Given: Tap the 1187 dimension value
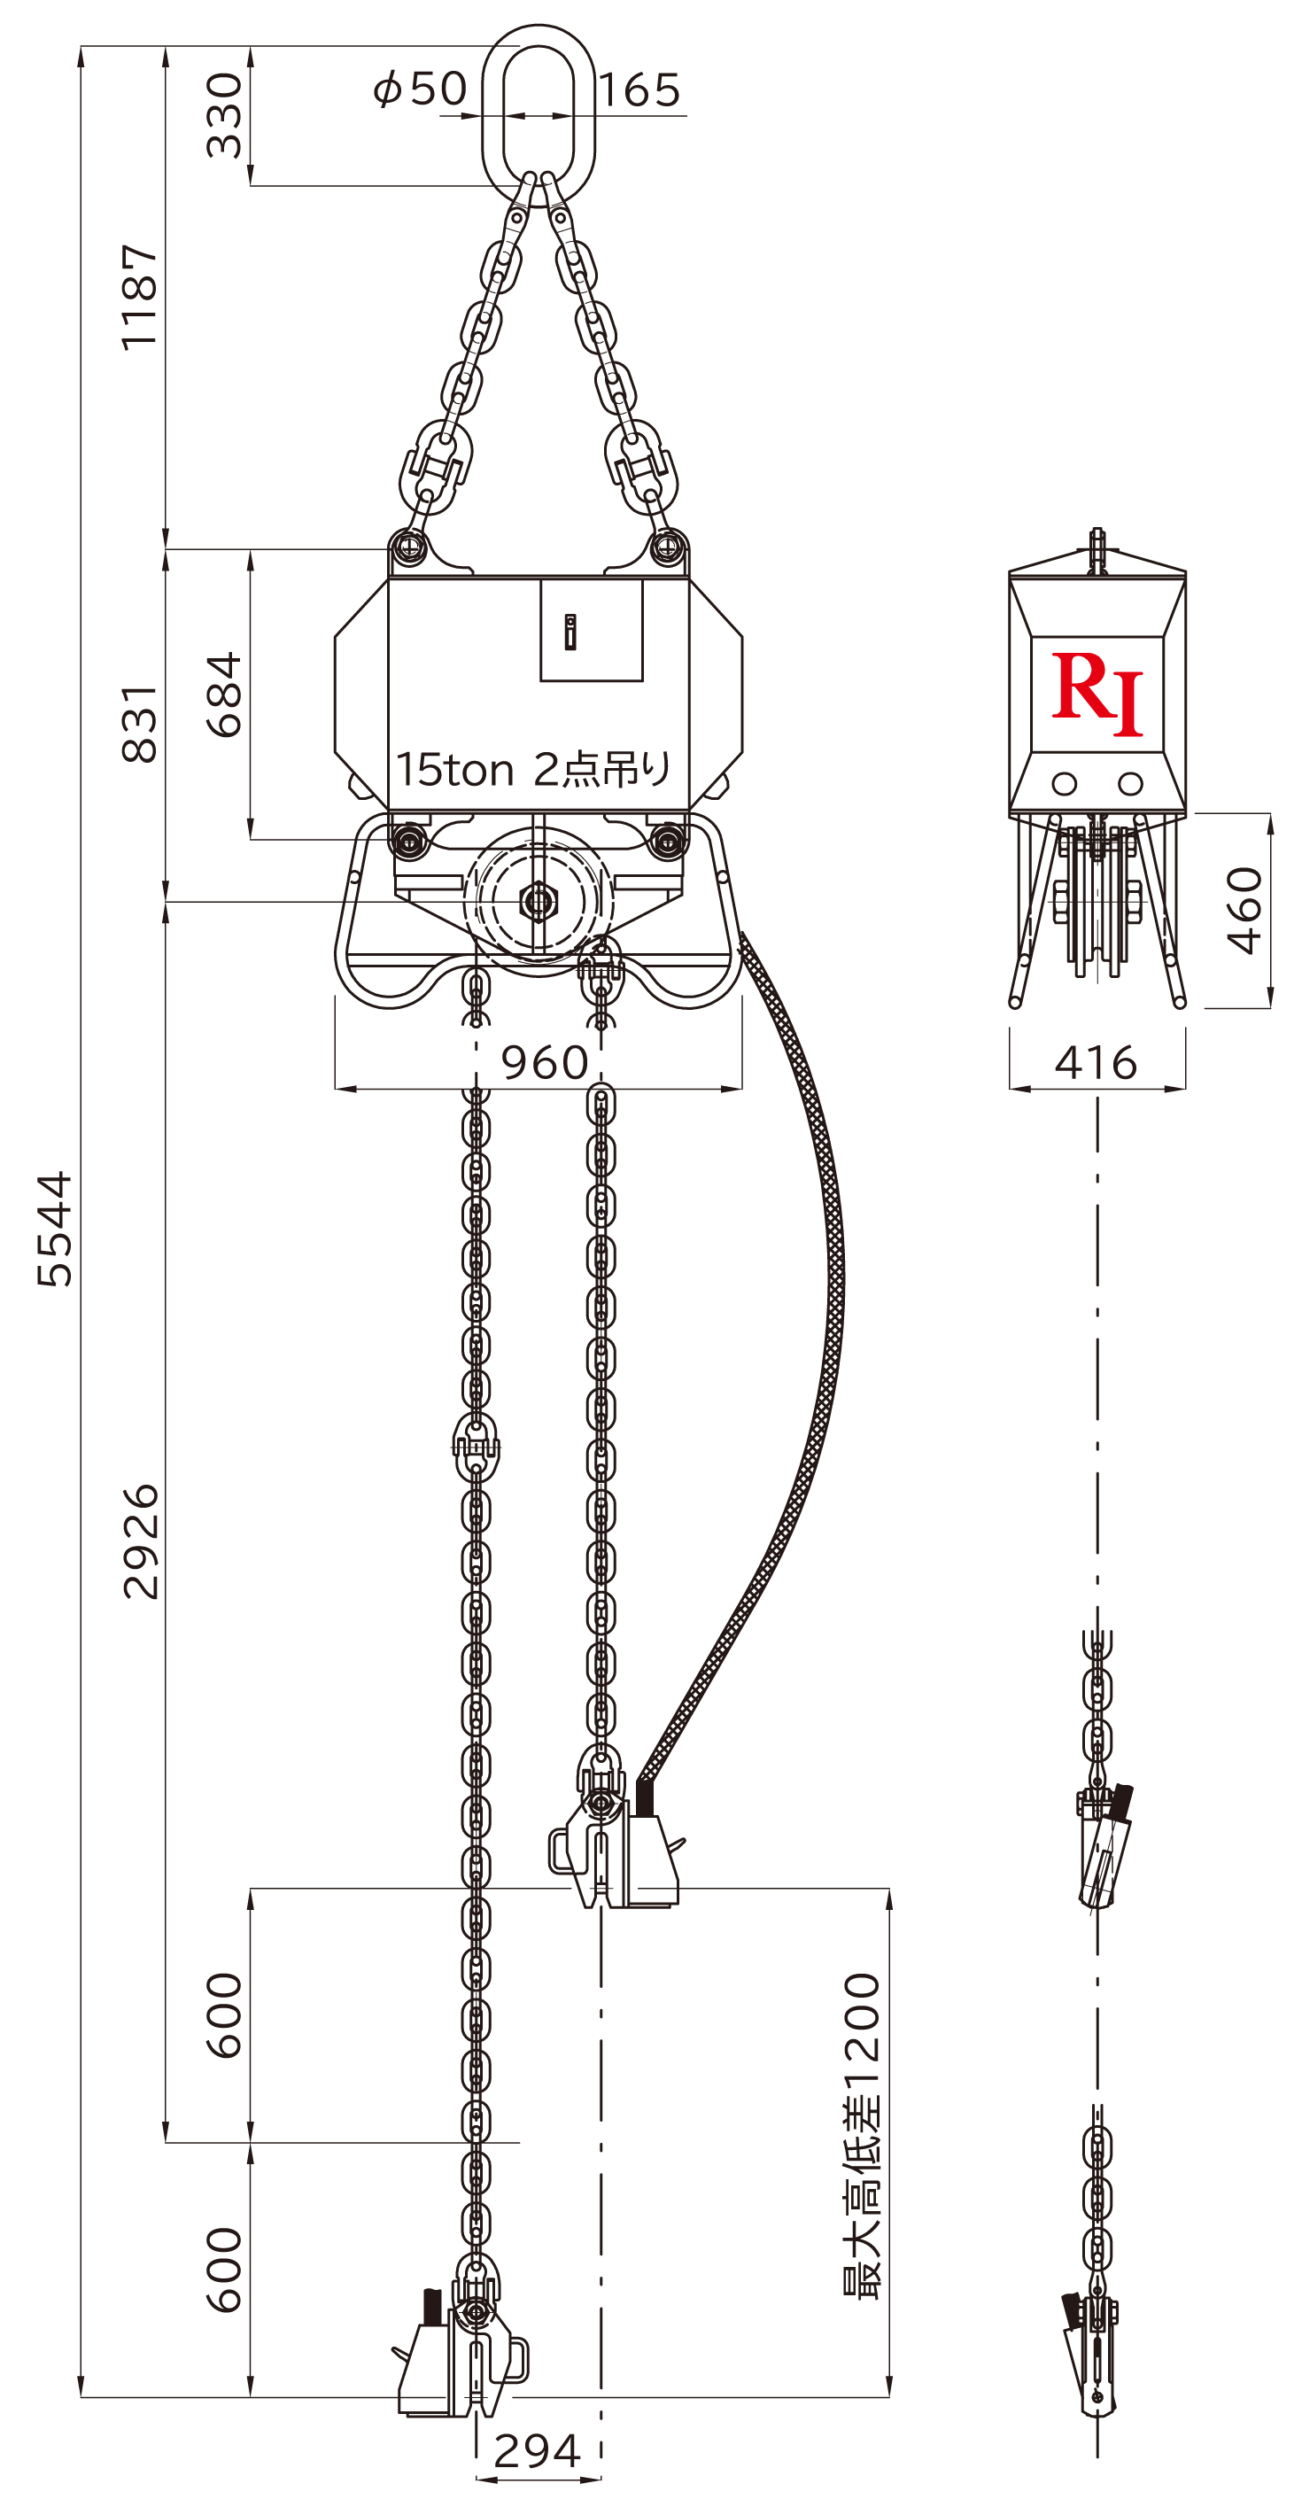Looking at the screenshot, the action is point(139,297).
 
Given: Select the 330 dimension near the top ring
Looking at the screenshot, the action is point(224,115).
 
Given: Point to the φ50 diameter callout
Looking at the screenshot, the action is point(421,89).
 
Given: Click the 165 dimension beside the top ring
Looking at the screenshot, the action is point(639,90).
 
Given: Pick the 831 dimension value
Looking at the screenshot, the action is point(139,723).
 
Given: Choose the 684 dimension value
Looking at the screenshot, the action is point(224,694).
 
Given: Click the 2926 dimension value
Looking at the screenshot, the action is point(140,1541).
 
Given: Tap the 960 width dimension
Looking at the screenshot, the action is point(544,1062).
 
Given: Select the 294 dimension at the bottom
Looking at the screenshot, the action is point(537,2450).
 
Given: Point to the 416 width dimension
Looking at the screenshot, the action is point(1096,1063).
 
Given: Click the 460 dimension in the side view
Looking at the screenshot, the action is point(1244,910).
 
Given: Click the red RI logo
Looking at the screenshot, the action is point(1097,693).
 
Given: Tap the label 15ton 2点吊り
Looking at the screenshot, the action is point(533,769).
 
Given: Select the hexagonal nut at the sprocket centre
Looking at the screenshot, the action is point(537,901).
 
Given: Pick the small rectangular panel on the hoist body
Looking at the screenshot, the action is point(592,630).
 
